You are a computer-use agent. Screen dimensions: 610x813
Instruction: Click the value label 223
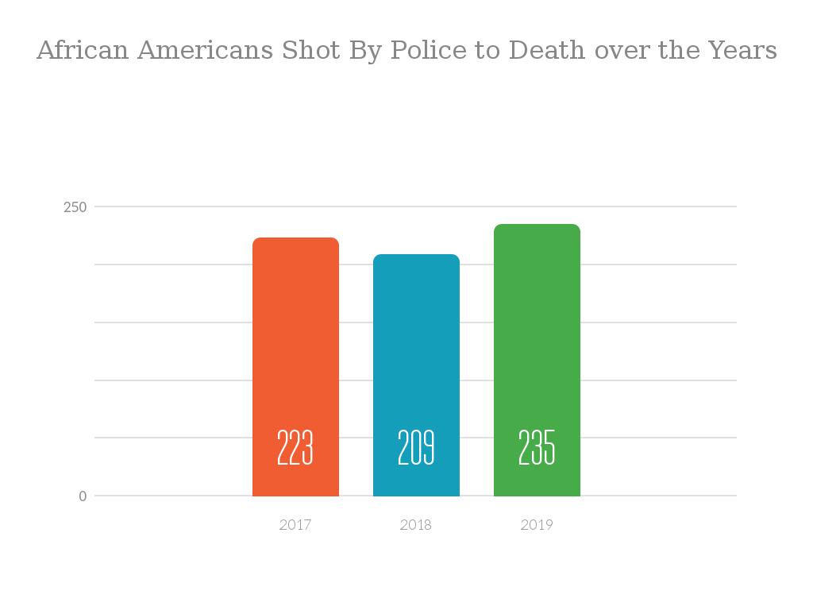pyautogui.click(x=295, y=448)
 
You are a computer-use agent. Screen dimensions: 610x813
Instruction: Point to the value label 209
pyautogui.click(x=416, y=448)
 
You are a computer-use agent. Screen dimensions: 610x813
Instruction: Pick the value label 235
pyautogui.click(x=537, y=448)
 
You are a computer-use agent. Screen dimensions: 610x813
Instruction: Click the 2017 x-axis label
pyautogui.click(x=295, y=525)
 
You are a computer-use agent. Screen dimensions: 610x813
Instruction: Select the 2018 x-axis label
pyautogui.click(x=416, y=525)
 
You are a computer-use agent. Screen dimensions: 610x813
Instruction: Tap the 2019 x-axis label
pyautogui.click(x=537, y=525)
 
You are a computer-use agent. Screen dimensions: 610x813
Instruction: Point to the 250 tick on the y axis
pyautogui.click(x=75, y=207)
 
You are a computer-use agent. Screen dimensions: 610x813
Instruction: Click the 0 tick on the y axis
pyautogui.click(x=83, y=496)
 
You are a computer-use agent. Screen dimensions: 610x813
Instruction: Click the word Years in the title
pyautogui.click(x=744, y=51)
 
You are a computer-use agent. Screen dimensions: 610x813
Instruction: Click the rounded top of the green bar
pyautogui.click(x=537, y=228)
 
